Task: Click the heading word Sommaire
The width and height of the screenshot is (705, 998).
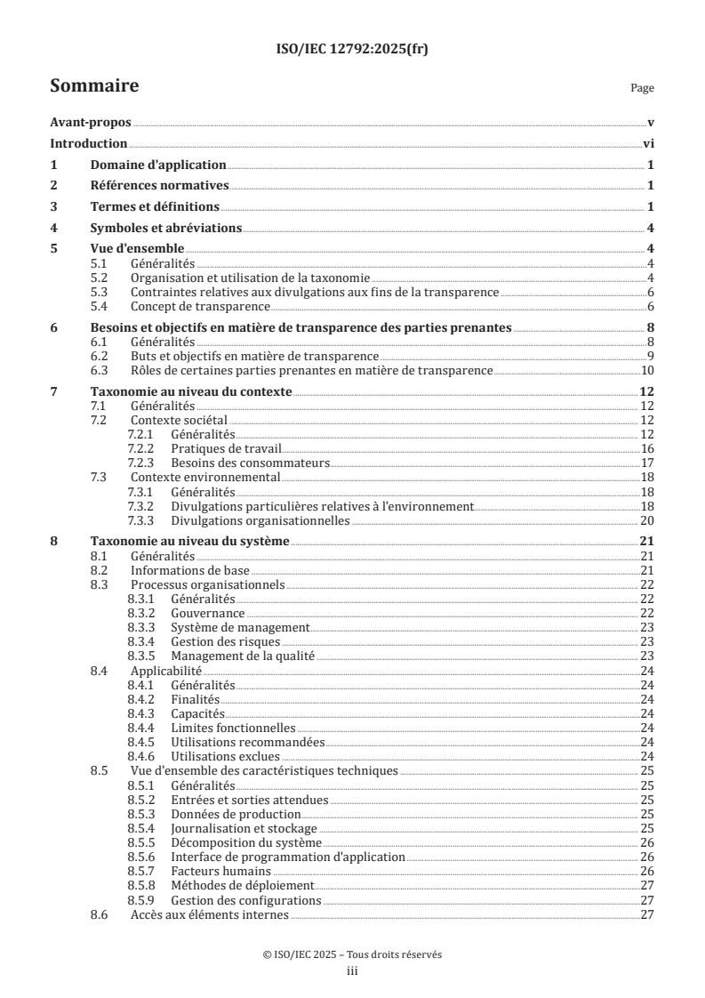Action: pyautogui.click(x=93, y=86)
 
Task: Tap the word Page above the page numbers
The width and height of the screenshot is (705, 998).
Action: pyautogui.click(x=642, y=88)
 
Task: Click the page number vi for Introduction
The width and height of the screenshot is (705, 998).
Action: pyautogui.click(x=649, y=144)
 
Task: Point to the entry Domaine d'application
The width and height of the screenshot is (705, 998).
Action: pyautogui.click(x=158, y=165)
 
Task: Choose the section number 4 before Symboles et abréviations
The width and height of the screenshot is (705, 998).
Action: pyautogui.click(x=53, y=228)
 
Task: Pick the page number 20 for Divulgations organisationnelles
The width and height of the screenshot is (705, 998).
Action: pyautogui.click(x=648, y=520)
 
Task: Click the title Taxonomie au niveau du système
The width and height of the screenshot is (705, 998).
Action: pyautogui.click(x=191, y=542)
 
